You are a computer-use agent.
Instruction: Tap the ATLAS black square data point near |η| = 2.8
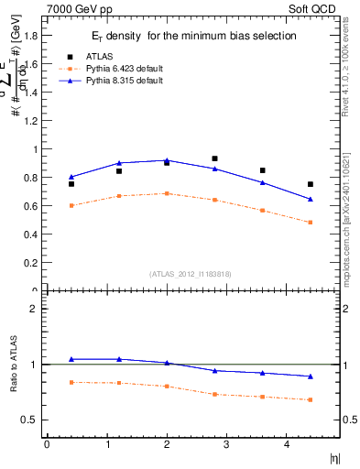(214, 158)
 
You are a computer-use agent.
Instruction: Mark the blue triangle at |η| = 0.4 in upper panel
(71, 177)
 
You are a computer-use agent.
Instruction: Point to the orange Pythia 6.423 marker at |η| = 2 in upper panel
(167, 193)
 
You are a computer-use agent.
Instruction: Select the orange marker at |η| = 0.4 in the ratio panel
(71, 382)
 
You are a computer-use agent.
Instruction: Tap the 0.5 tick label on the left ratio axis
(31, 420)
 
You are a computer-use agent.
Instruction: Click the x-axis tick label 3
(226, 444)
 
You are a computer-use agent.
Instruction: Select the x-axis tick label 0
(47, 444)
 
